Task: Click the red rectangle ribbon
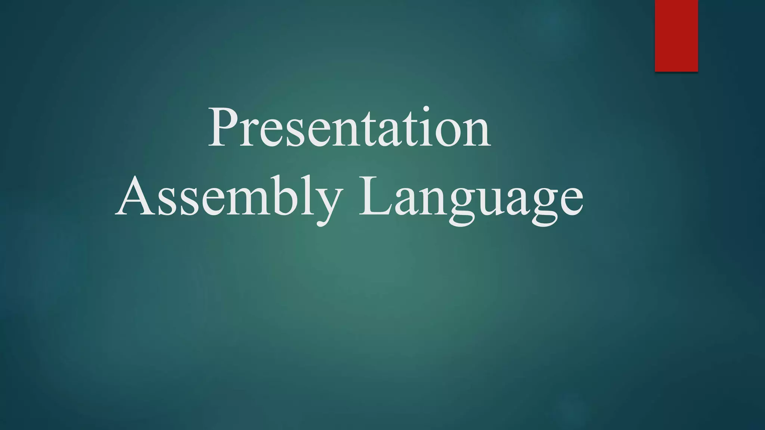(676, 35)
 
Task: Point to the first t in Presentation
(349, 131)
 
